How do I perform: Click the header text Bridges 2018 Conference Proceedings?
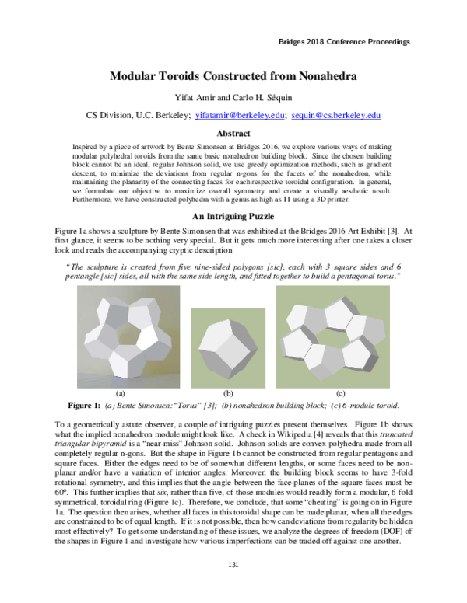(343, 41)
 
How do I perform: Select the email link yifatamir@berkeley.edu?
(237, 115)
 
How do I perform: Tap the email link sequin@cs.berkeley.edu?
(335, 115)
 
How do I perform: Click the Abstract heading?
(233, 134)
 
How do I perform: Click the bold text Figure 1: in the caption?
(83, 406)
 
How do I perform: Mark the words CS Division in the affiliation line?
(107, 115)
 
